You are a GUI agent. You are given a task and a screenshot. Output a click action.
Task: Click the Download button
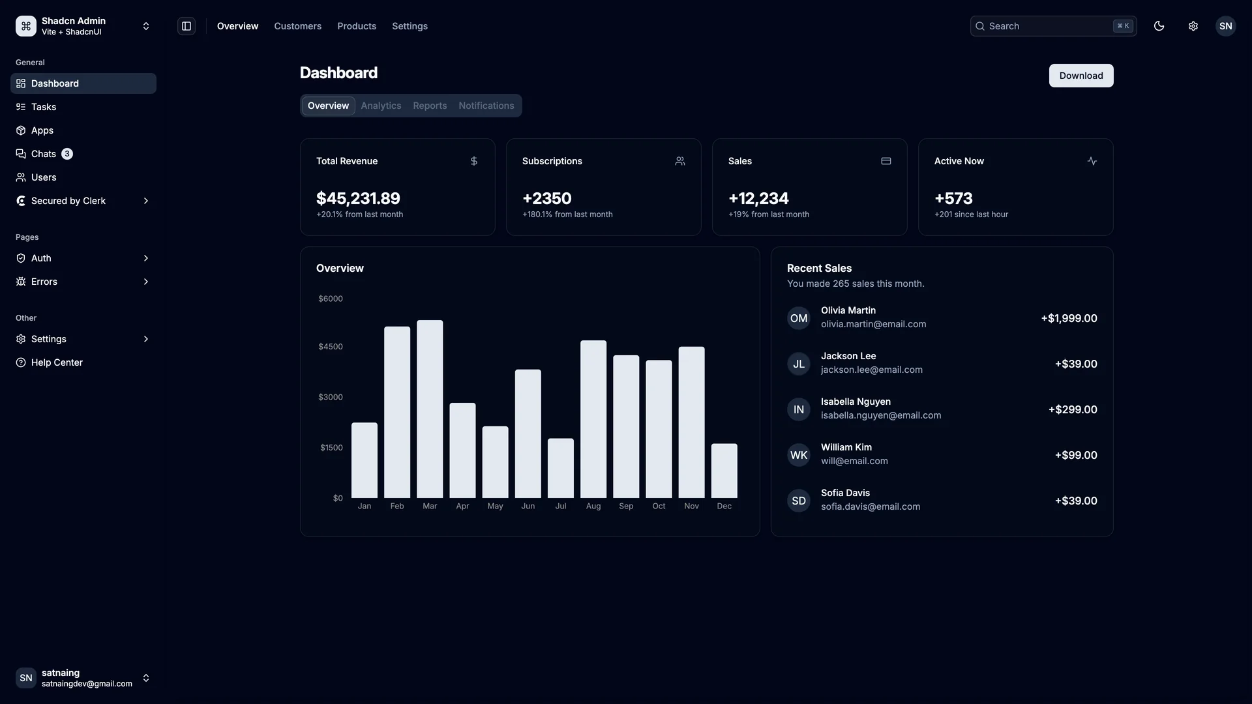1081,76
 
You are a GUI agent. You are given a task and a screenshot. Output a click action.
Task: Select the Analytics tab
381,106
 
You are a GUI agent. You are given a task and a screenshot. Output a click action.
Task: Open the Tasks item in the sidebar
44,107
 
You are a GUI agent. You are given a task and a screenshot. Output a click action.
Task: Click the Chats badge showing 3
67,154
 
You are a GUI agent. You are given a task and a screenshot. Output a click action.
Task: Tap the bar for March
430,409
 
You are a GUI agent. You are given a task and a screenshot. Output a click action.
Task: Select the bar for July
561,468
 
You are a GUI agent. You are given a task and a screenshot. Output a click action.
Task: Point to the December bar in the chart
724,471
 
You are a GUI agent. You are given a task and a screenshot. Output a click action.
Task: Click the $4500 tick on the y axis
330,347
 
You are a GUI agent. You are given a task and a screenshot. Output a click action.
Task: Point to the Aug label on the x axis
593,506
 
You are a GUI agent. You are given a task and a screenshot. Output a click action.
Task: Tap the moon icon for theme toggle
1159,26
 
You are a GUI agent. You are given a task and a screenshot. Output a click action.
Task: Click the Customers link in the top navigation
297,26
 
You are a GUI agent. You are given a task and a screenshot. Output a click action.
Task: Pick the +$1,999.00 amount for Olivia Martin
1069,318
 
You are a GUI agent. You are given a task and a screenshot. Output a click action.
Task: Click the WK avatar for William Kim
798,455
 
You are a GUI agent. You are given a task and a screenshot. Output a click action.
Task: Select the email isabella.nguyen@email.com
880,416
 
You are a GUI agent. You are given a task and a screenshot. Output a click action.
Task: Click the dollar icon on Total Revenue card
474,161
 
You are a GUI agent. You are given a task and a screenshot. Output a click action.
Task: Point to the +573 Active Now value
953,198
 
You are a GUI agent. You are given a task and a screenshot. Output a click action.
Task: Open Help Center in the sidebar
57,362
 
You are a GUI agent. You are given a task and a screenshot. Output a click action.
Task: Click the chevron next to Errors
145,282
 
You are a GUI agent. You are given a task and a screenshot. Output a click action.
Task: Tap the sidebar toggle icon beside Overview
186,26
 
